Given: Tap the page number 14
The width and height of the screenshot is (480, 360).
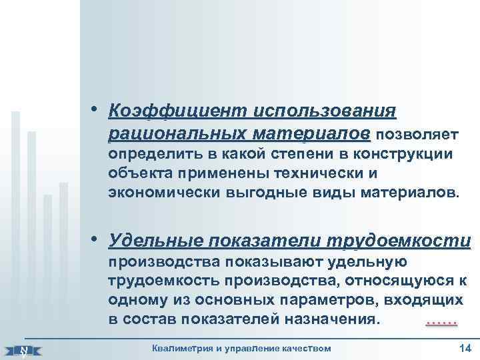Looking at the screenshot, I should point(465,348).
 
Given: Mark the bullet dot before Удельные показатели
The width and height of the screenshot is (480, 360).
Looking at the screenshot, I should point(97,239).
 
